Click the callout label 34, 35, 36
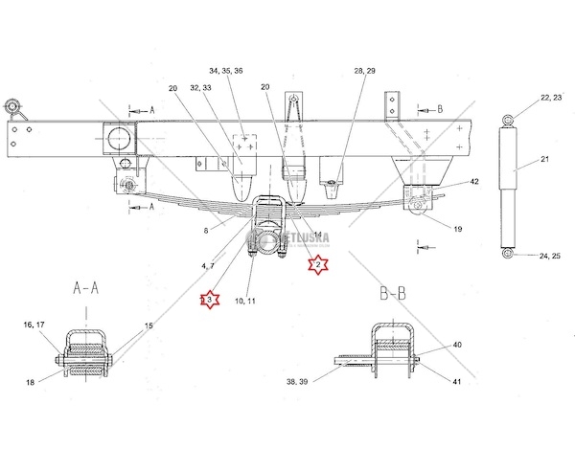225,71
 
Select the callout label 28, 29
364,71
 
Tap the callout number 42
473,181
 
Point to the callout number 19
457,229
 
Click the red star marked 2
317,264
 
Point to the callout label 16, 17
34,325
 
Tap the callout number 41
456,382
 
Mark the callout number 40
456,345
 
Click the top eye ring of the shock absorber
509,119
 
